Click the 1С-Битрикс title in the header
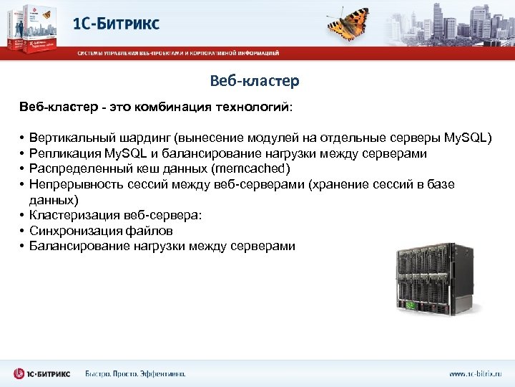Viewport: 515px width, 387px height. (117, 23)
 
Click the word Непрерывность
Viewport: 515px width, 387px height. (69, 184)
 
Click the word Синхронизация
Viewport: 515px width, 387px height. (70, 231)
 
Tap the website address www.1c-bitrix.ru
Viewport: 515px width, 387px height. (476, 373)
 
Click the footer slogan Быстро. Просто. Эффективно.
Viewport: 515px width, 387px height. (135, 373)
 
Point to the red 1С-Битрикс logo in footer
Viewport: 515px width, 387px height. (43, 373)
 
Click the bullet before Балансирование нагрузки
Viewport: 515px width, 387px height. (23, 247)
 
